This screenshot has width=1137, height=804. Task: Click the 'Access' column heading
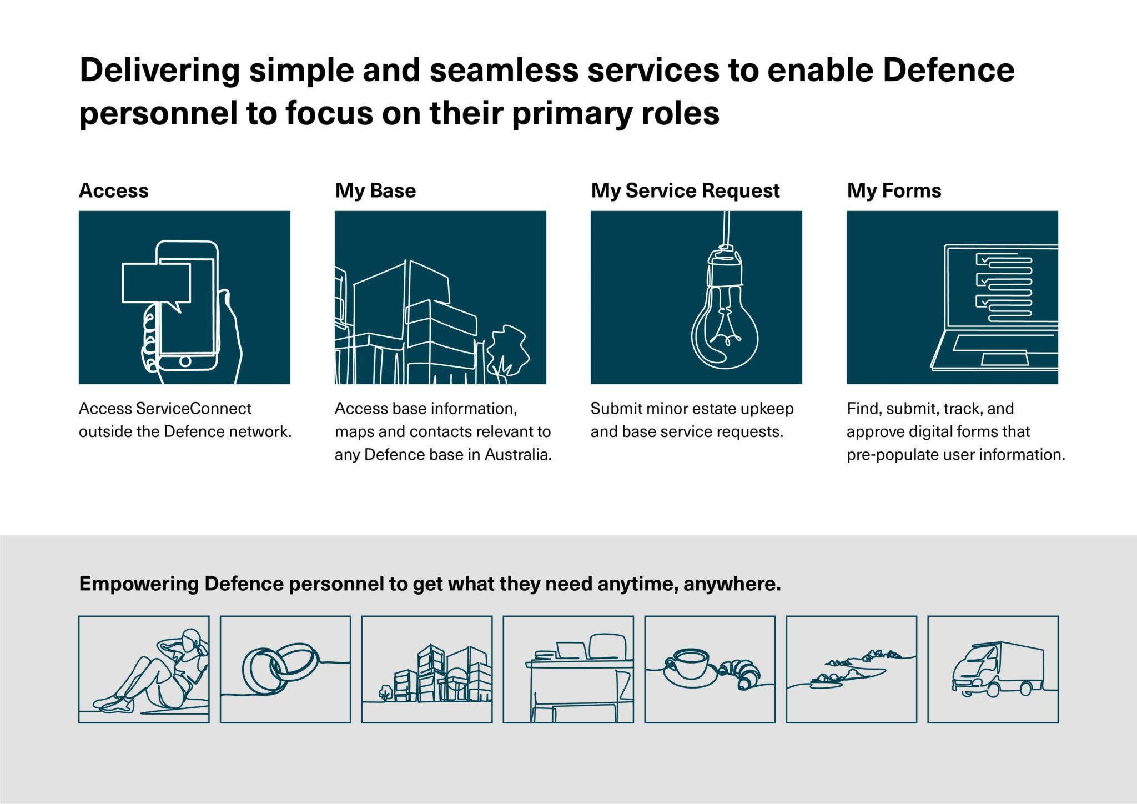click(114, 190)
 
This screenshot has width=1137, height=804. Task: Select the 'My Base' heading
click(375, 190)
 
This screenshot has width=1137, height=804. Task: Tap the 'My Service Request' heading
click(685, 190)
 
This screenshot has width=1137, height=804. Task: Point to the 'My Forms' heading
click(894, 190)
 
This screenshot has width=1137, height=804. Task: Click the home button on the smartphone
click(185, 361)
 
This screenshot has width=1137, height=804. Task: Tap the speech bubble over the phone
click(156, 283)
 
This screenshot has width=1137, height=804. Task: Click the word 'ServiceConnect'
click(193, 409)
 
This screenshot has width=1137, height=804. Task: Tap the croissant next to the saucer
click(741, 673)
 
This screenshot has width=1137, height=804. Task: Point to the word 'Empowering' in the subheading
click(139, 584)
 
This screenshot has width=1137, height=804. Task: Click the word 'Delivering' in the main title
click(160, 71)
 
